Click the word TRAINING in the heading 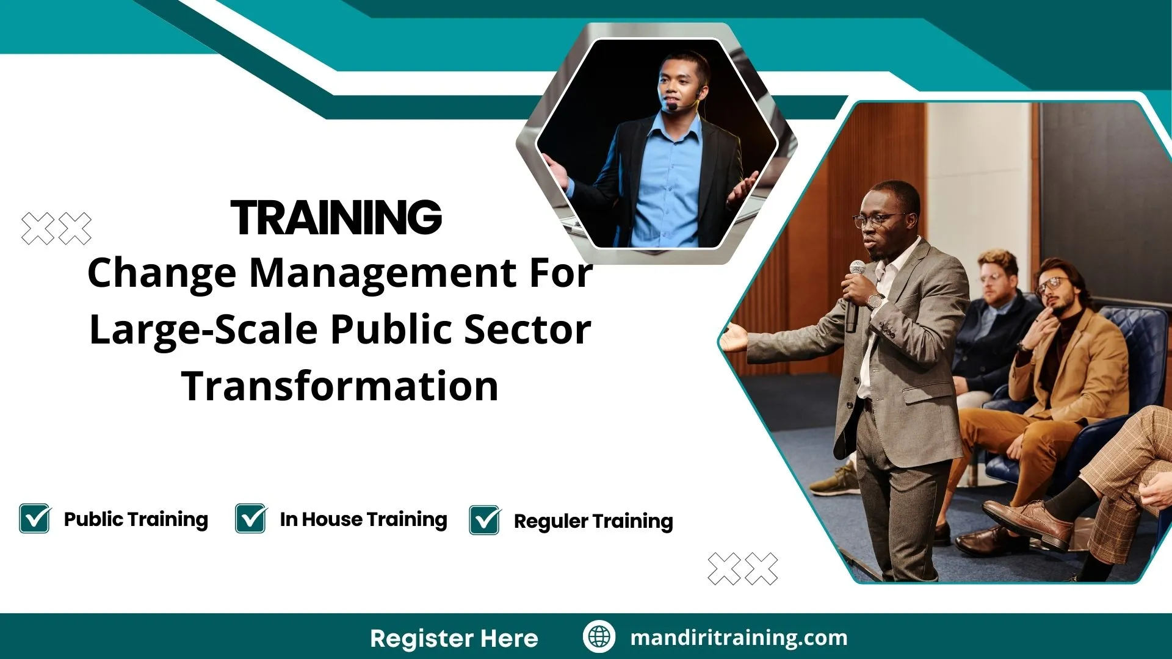click(336, 217)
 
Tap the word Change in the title click(162, 273)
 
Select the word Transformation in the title click(340, 386)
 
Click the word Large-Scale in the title click(203, 329)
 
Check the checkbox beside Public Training click(35, 519)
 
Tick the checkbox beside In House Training click(251, 519)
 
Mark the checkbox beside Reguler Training click(485, 520)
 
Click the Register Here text click(454, 638)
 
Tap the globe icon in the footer click(599, 637)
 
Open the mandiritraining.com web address click(739, 638)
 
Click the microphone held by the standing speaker click(855, 293)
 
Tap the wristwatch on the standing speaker click(875, 300)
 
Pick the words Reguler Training click(593, 521)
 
